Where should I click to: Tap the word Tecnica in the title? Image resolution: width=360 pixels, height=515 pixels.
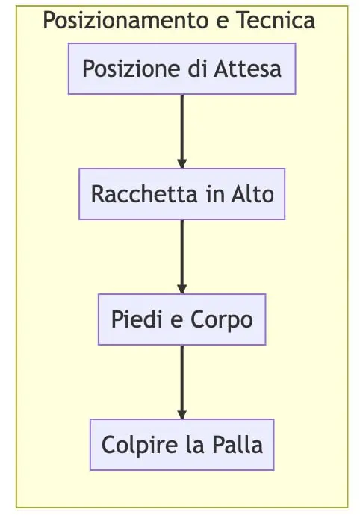[x=276, y=20]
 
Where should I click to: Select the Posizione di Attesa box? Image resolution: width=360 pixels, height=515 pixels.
[x=181, y=69]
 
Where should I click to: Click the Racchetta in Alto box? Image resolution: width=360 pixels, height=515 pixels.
[x=181, y=194]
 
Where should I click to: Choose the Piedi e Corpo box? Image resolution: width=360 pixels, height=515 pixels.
[x=181, y=319]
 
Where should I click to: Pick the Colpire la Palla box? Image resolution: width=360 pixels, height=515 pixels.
[x=181, y=445]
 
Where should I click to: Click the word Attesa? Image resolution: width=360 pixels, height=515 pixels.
[x=247, y=69]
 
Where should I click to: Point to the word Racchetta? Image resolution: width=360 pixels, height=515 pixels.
[x=144, y=194]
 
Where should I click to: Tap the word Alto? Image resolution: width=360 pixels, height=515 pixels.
[x=252, y=194]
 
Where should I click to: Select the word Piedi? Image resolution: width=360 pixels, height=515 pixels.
[x=137, y=319]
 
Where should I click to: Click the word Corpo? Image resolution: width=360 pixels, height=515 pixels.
[x=222, y=320]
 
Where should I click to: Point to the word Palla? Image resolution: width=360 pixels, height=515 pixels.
[x=238, y=445]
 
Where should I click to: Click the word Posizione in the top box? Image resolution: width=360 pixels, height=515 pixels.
[x=131, y=69]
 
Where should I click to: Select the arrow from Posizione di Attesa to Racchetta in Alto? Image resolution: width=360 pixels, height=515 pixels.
[x=181, y=131]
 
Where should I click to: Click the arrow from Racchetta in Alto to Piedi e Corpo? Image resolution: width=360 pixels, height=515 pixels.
[x=181, y=257]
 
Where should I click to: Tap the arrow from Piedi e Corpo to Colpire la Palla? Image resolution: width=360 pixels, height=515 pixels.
[x=181, y=382]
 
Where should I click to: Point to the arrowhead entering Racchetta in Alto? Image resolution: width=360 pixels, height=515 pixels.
[x=181, y=163]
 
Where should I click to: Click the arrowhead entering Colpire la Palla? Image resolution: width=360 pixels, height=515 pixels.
[x=181, y=414]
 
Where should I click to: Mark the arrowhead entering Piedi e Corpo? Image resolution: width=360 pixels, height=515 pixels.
[x=181, y=289]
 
